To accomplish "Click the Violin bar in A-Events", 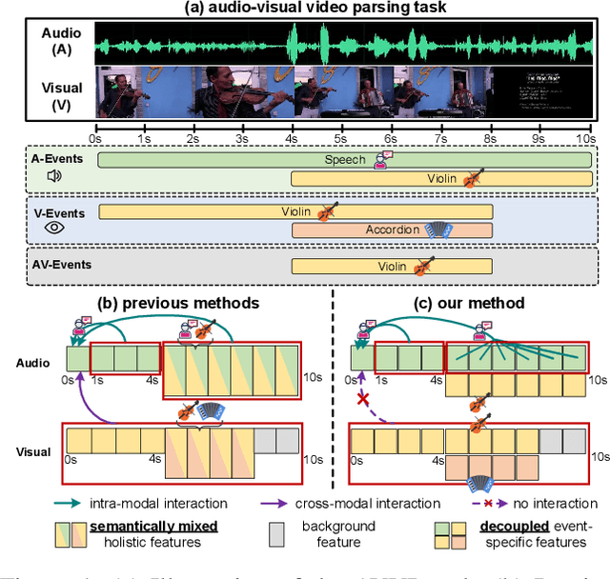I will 442,178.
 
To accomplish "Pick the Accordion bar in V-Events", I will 392,230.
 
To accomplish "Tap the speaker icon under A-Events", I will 53,175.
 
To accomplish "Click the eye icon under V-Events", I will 53,228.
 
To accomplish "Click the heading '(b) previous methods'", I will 178,303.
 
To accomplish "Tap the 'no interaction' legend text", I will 548,503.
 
